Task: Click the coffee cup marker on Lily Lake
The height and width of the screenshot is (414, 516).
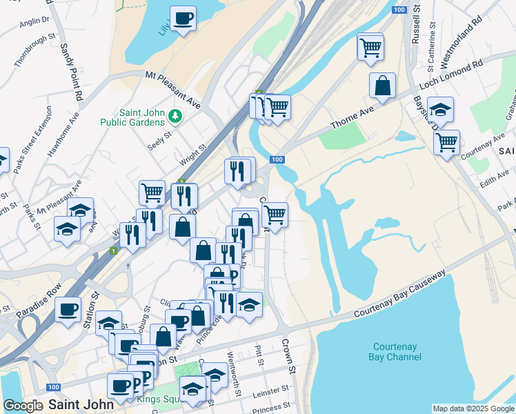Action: (x=183, y=19)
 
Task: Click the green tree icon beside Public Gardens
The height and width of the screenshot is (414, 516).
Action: (x=175, y=116)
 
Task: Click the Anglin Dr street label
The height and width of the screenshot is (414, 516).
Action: (x=35, y=21)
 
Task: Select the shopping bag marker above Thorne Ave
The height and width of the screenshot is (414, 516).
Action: (x=382, y=86)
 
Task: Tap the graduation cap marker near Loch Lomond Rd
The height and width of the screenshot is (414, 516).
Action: (x=440, y=110)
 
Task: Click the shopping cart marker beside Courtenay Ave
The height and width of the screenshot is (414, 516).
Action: (x=446, y=143)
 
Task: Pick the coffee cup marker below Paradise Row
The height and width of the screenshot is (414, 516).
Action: (x=68, y=309)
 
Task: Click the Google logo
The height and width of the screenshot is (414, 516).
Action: (x=23, y=406)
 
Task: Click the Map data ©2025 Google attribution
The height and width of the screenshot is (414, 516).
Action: (x=473, y=408)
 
